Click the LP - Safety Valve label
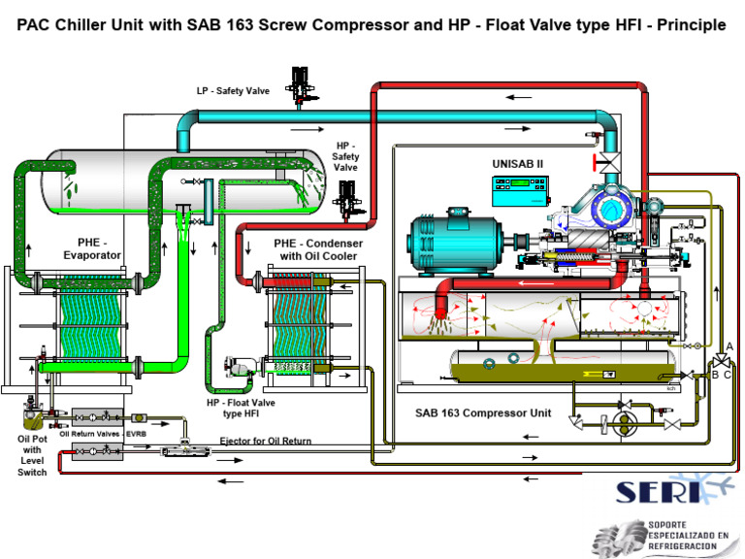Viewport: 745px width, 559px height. pyautogui.click(x=233, y=91)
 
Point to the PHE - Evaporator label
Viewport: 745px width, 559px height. pyautogui.click(x=92, y=248)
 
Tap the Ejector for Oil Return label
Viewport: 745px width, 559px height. pyautogui.click(x=266, y=441)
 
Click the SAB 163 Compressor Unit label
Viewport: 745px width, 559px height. pyautogui.click(x=483, y=412)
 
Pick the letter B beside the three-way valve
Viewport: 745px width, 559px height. pyautogui.click(x=715, y=373)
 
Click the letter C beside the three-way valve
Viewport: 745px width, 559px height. pyautogui.click(x=728, y=374)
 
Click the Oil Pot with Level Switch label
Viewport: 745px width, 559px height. pyautogui.click(x=32, y=454)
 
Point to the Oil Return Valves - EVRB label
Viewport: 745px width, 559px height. pyautogui.click(x=103, y=434)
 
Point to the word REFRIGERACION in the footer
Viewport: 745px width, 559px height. pyautogui.click(x=682, y=547)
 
